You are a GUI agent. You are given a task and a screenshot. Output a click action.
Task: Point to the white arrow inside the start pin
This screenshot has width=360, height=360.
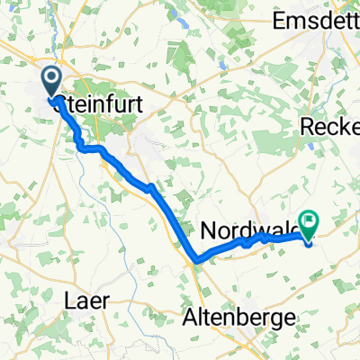coord(49,80)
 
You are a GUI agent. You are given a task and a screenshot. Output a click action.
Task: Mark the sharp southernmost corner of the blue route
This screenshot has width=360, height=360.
coord(195,263)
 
